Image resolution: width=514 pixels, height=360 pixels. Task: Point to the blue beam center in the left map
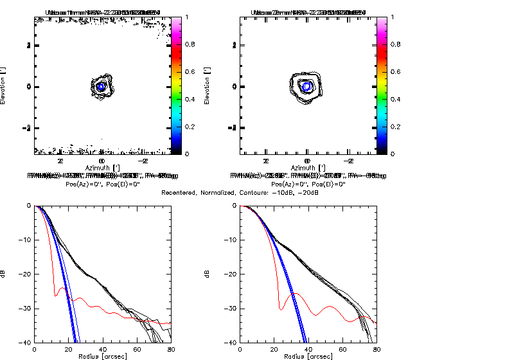102,85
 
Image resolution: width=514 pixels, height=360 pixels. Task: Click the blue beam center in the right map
307,85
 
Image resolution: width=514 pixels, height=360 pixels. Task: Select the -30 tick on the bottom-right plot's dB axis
231,309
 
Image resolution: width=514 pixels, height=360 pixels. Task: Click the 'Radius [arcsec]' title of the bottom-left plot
102,355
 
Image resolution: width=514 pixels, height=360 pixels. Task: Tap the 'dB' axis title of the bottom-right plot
208,274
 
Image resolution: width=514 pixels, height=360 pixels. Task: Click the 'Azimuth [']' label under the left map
102,166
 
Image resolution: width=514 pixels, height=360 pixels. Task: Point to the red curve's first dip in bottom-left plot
56,294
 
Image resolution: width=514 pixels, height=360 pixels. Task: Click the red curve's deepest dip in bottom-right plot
281,309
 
